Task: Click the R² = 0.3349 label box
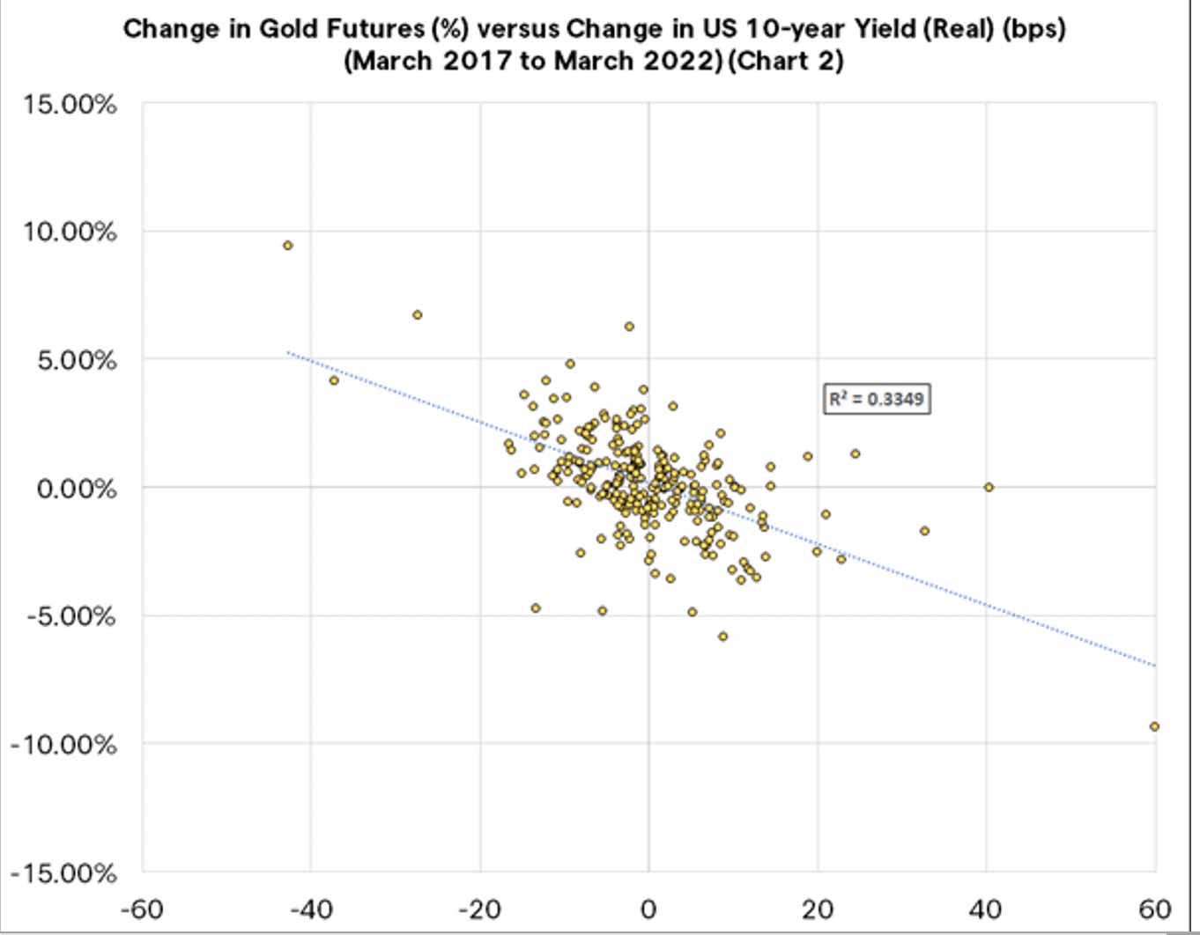[877, 399]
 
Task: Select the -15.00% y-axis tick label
[63, 873]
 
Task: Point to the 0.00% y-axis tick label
[77, 489]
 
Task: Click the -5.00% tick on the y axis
[70, 616]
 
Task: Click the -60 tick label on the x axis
[142, 909]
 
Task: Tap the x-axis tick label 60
[1155, 909]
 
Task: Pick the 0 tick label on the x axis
[648, 909]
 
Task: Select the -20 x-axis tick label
[480, 909]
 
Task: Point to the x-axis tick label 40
[986, 909]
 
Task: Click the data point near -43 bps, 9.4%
[288, 246]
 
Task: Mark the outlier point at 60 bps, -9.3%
[1154, 726]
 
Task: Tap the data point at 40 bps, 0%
[989, 487]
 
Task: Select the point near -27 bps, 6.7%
[418, 314]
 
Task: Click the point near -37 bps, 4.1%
[334, 380]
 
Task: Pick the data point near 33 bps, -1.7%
[924, 531]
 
